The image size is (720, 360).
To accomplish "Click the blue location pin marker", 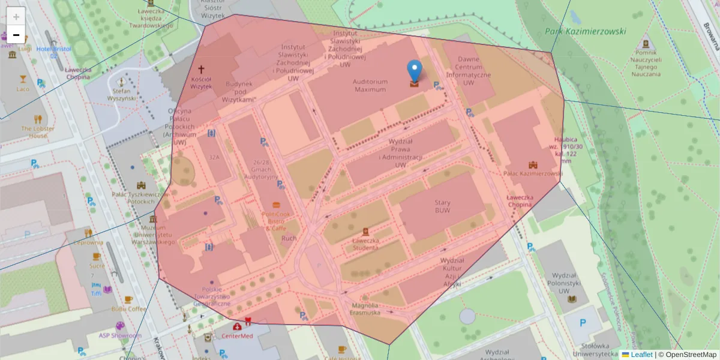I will click(x=414, y=70).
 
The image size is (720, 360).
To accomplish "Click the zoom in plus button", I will click(x=16, y=16).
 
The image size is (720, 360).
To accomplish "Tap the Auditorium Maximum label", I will click(x=370, y=85).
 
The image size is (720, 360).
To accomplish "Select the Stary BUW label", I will click(x=443, y=207).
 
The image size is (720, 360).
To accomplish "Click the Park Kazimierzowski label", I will click(x=586, y=31).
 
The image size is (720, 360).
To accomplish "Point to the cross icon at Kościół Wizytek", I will click(x=201, y=70).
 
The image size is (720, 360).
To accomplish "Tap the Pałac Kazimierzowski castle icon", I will click(x=533, y=164).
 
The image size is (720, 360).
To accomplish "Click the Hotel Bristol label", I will click(x=54, y=49).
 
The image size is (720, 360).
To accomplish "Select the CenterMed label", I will click(x=238, y=336).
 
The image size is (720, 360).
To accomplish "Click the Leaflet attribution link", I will click(x=641, y=355).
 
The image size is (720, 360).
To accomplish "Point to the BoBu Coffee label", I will click(x=128, y=308).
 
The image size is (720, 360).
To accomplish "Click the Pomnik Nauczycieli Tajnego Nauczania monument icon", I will click(x=646, y=44).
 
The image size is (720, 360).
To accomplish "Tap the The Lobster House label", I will click(x=37, y=132).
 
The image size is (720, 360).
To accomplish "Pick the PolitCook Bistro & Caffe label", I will click(x=276, y=221).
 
